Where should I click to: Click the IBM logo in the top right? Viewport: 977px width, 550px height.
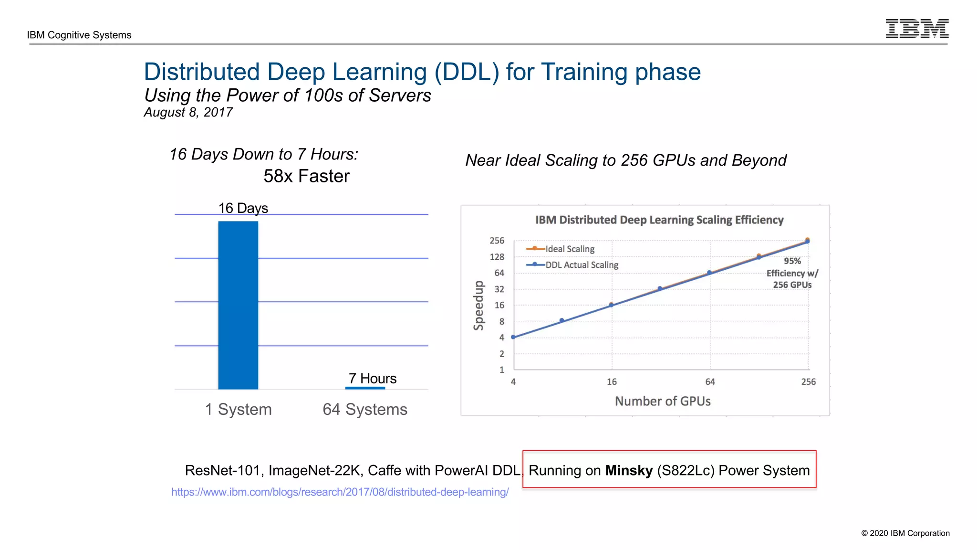click(x=916, y=29)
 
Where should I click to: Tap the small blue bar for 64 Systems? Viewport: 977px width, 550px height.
click(x=365, y=388)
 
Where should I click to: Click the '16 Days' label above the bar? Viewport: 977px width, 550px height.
click(x=243, y=208)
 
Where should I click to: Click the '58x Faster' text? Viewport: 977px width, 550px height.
click(x=306, y=176)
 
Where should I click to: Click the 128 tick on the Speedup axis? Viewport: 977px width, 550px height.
click(x=497, y=257)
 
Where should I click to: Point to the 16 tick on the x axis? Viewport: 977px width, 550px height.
click(x=612, y=381)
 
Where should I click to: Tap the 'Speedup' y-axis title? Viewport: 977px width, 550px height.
click(x=478, y=306)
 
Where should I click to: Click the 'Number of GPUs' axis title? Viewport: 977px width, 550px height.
click(x=662, y=401)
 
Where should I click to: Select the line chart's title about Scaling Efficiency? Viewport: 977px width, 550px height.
click(x=659, y=220)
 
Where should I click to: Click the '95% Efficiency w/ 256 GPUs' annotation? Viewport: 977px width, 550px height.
click(x=792, y=273)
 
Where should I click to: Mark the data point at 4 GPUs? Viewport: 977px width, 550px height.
click(x=513, y=337)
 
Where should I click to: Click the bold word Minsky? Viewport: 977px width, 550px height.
click(x=628, y=470)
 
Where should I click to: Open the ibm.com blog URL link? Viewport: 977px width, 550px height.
click(x=340, y=492)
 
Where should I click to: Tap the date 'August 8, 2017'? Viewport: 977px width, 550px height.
click(x=188, y=112)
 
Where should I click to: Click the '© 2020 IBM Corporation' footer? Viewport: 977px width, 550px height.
click(x=905, y=533)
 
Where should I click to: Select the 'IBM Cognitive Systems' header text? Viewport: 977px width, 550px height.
click(x=79, y=35)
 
